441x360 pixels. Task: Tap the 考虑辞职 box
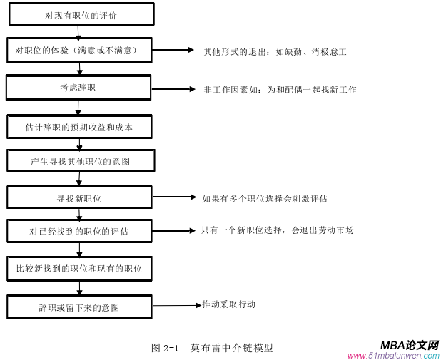[78, 88]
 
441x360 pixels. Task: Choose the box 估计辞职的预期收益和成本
[78, 128]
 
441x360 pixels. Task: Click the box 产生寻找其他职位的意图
[79, 161]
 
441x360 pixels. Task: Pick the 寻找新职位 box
[78, 197]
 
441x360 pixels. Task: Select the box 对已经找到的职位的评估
[78, 231]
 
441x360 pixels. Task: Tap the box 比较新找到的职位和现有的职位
[78, 269]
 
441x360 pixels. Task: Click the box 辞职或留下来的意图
[78, 307]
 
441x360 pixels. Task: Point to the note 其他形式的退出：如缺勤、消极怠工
[275, 52]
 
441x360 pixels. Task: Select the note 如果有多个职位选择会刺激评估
[265, 198]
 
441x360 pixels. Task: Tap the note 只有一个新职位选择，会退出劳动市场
[277, 230]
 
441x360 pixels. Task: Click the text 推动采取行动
[228, 304]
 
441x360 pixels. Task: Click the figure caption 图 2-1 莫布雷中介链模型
[212, 348]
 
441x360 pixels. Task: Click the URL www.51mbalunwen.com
[393, 355]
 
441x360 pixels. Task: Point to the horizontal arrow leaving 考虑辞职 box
[172, 89]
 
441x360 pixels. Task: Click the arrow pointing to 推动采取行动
[177, 305]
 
